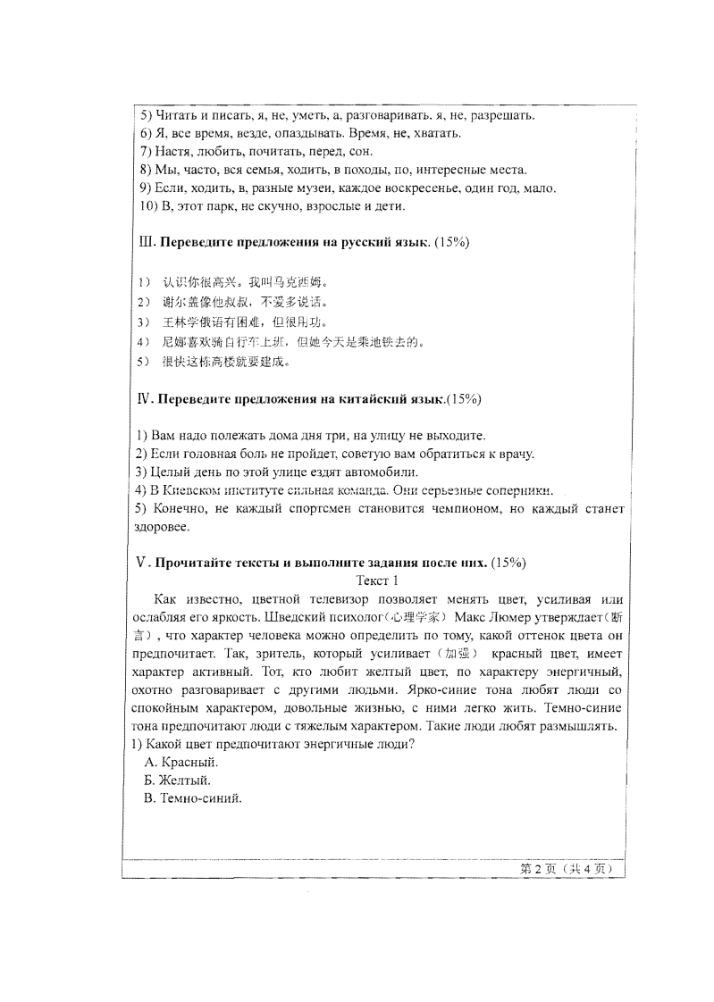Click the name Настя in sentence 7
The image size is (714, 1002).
(x=173, y=152)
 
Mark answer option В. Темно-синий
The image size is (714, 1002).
(x=193, y=797)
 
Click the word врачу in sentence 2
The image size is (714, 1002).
(x=516, y=454)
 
